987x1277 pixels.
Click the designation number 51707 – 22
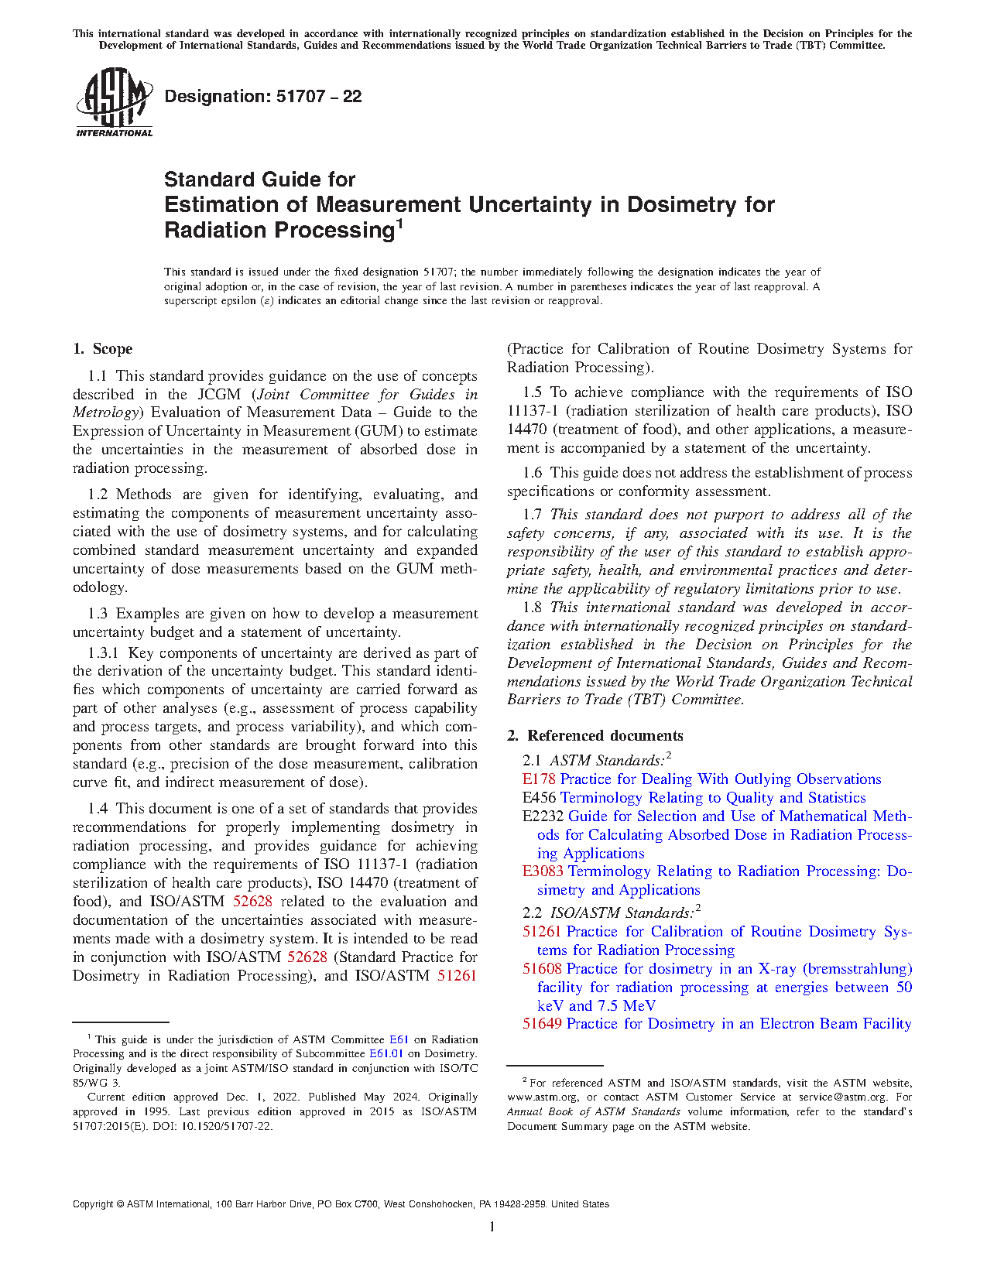coord(263,97)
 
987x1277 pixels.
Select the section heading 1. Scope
coord(103,349)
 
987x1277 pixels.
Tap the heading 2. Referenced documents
coord(595,735)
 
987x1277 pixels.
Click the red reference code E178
coord(539,779)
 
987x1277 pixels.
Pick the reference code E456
coord(539,798)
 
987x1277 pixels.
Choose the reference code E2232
coord(543,817)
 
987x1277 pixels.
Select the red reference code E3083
coord(543,871)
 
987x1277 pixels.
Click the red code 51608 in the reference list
coord(542,969)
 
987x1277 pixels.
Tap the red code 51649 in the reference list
coord(542,1024)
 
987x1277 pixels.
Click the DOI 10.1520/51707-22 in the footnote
coord(224,1126)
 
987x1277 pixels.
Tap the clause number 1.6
coord(533,473)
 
